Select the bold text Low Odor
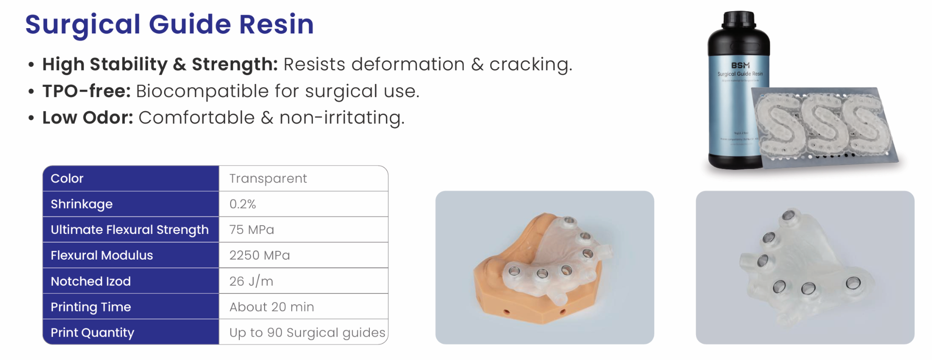click(x=87, y=117)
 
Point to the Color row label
click(x=67, y=179)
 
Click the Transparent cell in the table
click(x=268, y=179)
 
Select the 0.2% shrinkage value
click(x=243, y=204)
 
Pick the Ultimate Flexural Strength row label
click(x=130, y=229)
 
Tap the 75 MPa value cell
click(x=251, y=229)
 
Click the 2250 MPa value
click(x=259, y=255)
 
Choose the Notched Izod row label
click(x=91, y=281)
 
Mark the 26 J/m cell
click(x=251, y=281)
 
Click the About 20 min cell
click(x=271, y=307)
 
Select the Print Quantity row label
click(x=92, y=333)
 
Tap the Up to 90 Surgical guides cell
click(x=307, y=333)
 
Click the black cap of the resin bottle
click(x=738, y=20)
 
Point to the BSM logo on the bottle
click(x=740, y=65)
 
